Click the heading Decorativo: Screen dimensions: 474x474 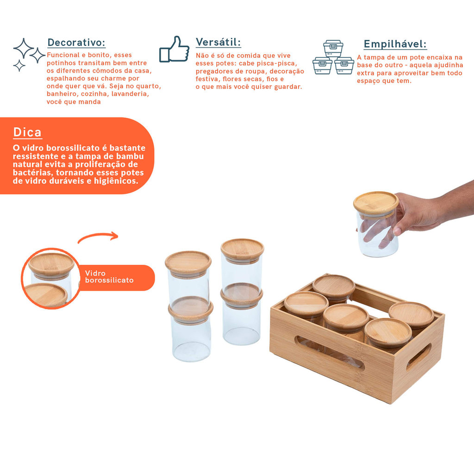76,43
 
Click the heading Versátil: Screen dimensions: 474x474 218,42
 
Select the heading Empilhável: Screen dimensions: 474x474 395,44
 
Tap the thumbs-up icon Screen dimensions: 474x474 174,49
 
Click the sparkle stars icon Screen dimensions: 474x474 29,55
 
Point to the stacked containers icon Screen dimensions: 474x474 333,57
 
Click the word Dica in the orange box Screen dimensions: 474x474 27,132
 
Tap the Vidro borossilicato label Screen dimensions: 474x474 109,277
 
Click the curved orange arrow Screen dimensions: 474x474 98,235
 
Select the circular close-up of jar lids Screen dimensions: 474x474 50,278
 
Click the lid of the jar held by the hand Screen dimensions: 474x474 376,204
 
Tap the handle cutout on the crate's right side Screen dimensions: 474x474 418,357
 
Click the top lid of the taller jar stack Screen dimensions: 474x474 242,250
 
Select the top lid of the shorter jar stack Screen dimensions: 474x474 188,263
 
